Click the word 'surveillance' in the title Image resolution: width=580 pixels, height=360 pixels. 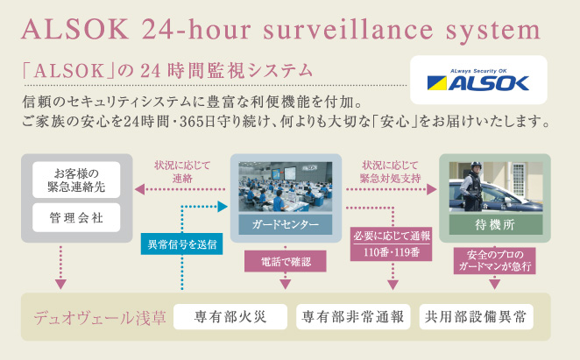click(x=348, y=30)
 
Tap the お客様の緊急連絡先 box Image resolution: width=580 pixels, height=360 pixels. click(x=76, y=180)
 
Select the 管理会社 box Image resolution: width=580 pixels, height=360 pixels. click(x=76, y=218)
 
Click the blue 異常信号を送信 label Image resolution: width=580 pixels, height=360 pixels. click(x=181, y=244)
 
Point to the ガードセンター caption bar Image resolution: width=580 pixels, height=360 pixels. click(x=286, y=224)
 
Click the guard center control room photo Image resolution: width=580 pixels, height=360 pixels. click(x=286, y=187)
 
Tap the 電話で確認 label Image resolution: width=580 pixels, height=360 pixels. click(x=286, y=261)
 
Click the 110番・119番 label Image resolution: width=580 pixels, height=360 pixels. click(x=392, y=253)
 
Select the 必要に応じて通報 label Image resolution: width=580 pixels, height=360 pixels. click(x=392, y=236)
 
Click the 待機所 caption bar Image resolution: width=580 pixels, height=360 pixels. click(x=496, y=224)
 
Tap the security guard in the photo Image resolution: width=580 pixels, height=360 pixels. click(x=472, y=187)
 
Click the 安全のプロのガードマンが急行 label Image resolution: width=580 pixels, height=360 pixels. click(x=494, y=260)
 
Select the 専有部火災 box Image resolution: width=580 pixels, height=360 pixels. click(x=230, y=317)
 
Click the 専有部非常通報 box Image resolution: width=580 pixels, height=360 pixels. click(x=353, y=317)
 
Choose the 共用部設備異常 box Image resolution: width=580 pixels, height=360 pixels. click(x=477, y=317)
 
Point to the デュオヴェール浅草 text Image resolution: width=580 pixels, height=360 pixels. click(x=100, y=317)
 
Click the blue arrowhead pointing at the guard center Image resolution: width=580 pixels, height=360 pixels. click(x=223, y=207)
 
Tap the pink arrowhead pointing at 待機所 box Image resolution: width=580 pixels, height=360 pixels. click(x=432, y=189)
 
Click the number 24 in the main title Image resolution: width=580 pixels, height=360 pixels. click(x=158, y=30)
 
